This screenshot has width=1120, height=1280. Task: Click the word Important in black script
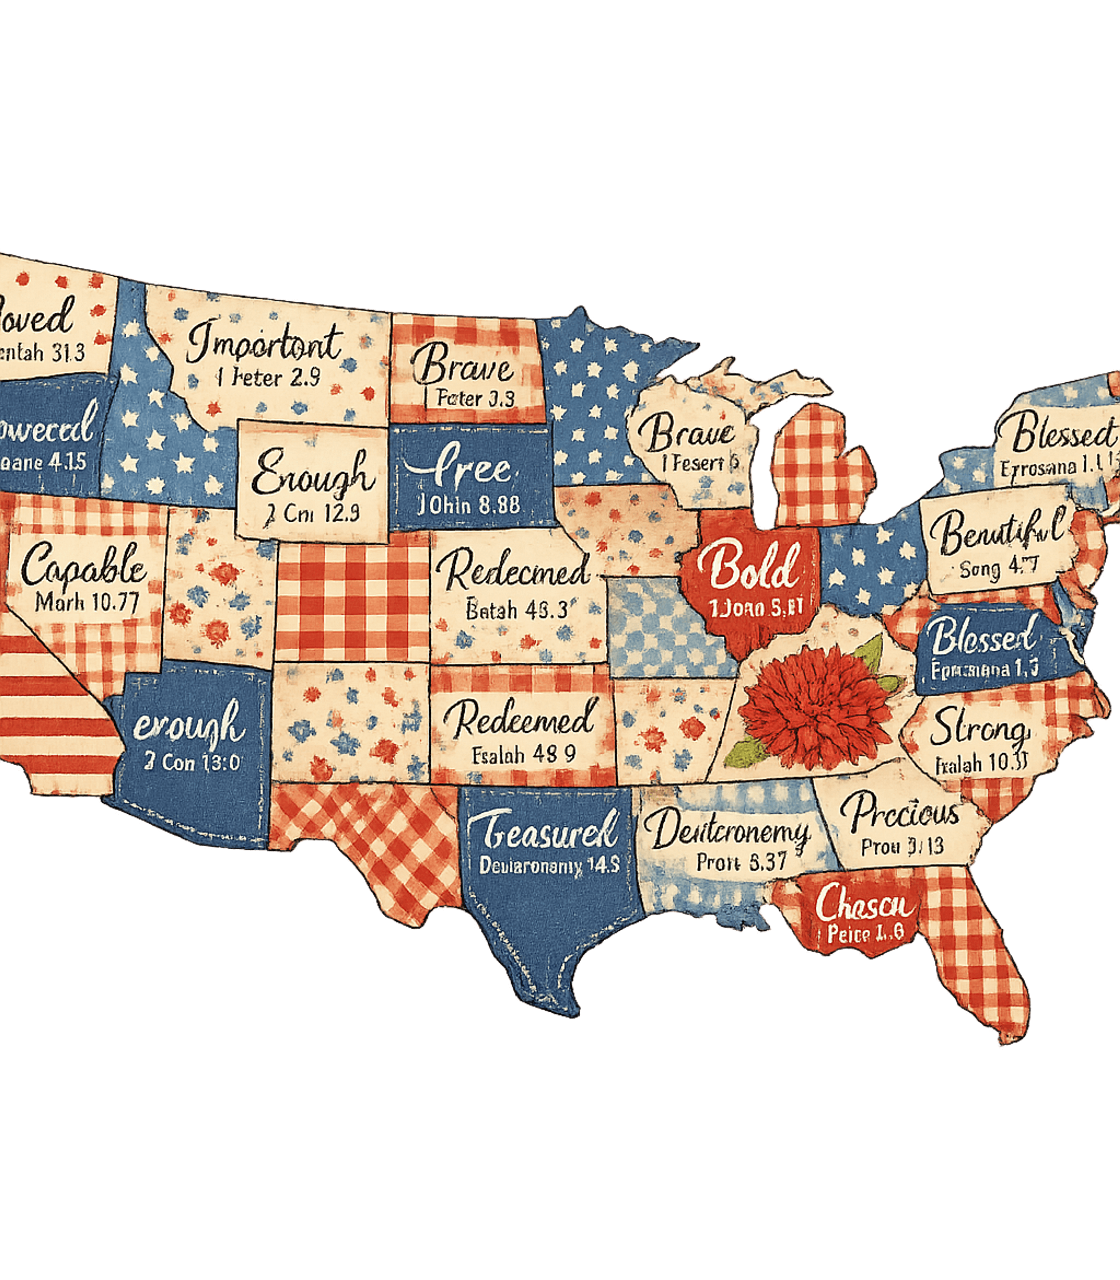pos(264,342)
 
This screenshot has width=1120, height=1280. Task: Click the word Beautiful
pos(997,530)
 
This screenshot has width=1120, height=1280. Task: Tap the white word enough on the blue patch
pos(189,726)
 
